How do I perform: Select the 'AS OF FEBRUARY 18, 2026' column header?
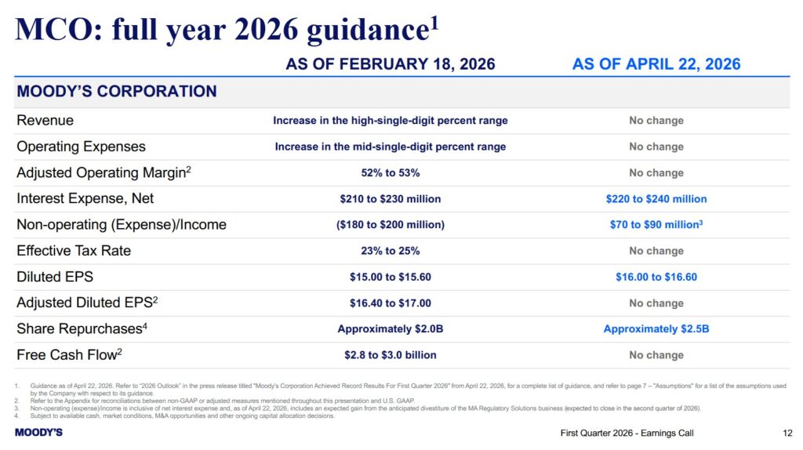tap(390, 64)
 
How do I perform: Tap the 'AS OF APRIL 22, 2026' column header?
tap(656, 64)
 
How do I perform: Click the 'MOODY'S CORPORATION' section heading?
tap(117, 92)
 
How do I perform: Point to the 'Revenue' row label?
tap(45, 121)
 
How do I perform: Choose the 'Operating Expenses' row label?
tap(81, 147)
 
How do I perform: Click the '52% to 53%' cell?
tap(390, 172)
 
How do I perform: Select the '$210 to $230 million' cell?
tap(390, 199)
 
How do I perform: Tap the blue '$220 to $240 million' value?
tap(656, 199)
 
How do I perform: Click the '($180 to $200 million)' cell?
tap(390, 225)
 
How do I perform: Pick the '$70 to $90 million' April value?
tap(655, 225)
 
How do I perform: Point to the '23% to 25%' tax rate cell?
tap(390, 251)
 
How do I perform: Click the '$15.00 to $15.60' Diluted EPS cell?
tap(390, 278)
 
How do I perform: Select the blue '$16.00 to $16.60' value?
tap(656, 278)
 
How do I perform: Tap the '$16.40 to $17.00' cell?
tap(390, 303)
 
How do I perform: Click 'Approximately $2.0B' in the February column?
tap(390, 329)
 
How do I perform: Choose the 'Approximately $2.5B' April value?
tap(656, 329)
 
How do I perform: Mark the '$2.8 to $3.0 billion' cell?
tap(390, 355)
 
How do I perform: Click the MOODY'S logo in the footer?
tap(38, 433)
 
